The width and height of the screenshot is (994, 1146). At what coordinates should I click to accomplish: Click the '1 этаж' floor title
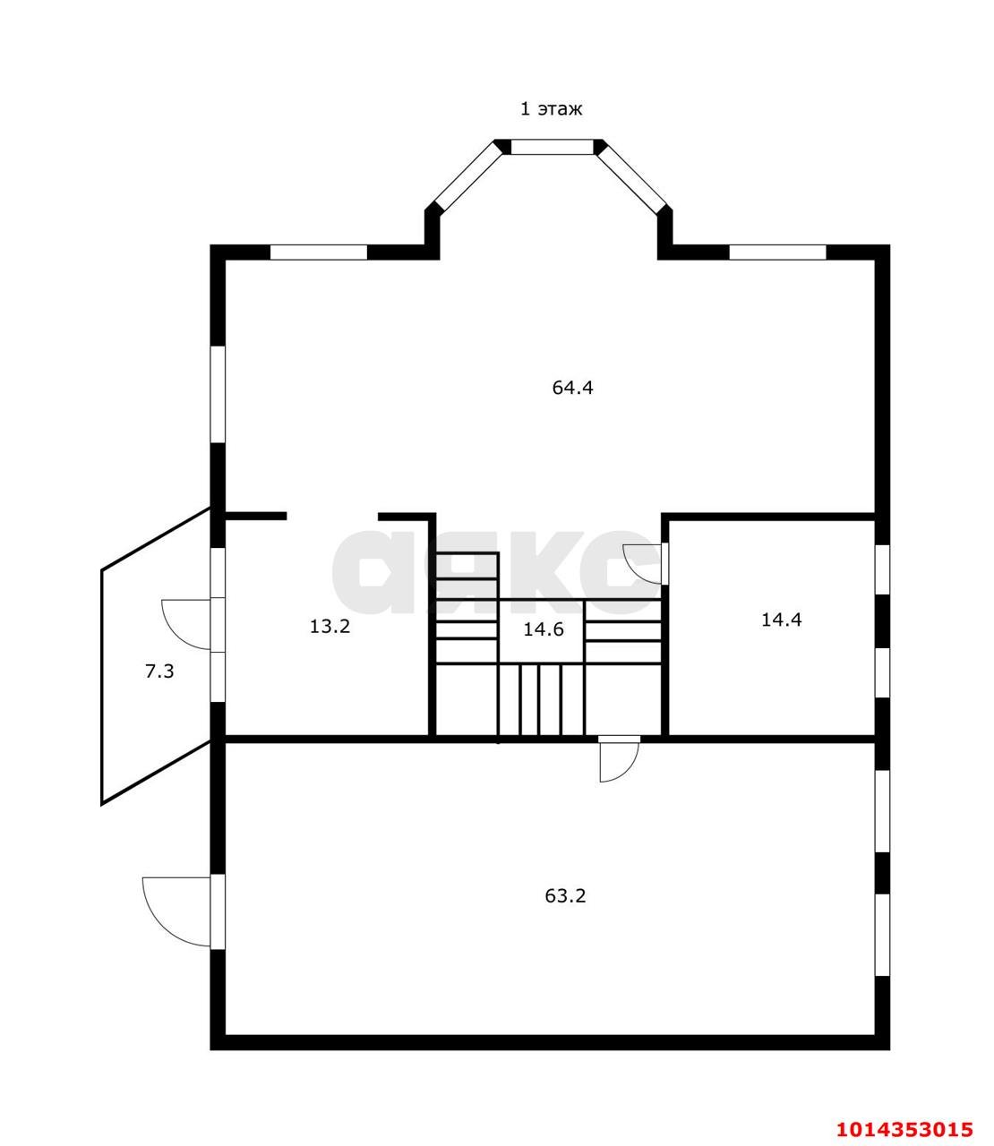pyautogui.click(x=551, y=108)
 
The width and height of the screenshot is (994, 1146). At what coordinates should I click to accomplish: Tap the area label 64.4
pyautogui.click(x=572, y=388)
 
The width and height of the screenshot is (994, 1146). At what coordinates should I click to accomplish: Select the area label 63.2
pyautogui.click(x=565, y=895)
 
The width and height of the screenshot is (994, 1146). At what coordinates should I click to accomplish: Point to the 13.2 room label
pyautogui.click(x=330, y=627)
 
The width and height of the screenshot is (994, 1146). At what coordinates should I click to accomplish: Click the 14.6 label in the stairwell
pyautogui.click(x=544, y=629)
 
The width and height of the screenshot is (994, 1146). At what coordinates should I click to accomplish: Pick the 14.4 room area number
pyautogui.click(x=781, y=620)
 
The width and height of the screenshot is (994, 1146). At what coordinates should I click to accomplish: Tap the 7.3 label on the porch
pyautogui.click(x=159, y=671)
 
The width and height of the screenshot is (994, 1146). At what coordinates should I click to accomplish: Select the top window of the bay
pyautogui.click(x=552, y=147)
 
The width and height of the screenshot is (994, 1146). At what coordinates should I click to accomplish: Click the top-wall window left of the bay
pyautogui.click(x=319, y=252)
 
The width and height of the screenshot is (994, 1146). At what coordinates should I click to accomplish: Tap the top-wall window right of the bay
pyautogui.click(x=777, y=252)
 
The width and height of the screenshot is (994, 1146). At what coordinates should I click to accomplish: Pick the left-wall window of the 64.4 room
pyautogui.click(x=218, y=395)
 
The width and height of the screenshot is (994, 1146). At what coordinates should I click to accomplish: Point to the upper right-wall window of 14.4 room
pyautogui.click(x=882, y=570)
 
